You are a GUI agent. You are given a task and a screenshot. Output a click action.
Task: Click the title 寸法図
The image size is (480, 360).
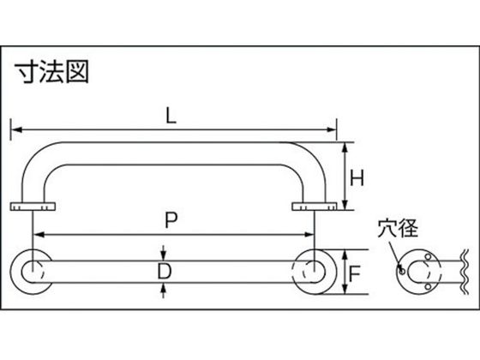point(52,72)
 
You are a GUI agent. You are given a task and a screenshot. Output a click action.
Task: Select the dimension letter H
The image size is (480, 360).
point(357,178)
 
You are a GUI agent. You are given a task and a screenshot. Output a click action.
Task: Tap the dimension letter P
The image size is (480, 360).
point(171,220)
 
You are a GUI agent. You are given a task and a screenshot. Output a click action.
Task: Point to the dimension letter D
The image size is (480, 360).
point(165,272)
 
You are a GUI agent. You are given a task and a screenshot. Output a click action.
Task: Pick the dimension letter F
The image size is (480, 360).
point(355,274)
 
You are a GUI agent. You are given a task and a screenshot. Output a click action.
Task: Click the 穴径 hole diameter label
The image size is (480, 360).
point(398,228)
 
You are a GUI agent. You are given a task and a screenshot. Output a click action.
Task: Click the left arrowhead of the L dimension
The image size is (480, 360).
point(16,129)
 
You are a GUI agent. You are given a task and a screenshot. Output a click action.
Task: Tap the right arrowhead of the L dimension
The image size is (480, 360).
point(332,129)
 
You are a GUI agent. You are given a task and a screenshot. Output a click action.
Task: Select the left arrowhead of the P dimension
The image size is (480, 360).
point(39,235)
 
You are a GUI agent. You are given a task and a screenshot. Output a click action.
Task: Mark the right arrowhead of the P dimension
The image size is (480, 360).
point(309,235)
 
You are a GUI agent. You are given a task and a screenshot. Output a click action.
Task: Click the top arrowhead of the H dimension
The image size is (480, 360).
point(345,147)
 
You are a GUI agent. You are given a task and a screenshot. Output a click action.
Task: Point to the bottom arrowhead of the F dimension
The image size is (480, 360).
point(345,289)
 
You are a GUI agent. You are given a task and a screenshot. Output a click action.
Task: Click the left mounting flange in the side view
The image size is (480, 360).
point(33,207)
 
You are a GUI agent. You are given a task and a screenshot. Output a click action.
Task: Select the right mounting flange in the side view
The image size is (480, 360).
point(315,207)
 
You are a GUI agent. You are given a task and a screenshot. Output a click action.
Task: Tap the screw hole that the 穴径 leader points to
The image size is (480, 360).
point(402,271)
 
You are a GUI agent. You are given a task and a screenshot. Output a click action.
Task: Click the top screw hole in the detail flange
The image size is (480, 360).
point(429,256)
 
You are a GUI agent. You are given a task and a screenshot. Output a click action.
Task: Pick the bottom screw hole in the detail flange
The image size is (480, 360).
point(429,286)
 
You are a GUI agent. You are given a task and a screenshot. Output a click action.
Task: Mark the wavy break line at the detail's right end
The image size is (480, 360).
point(465,272)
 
